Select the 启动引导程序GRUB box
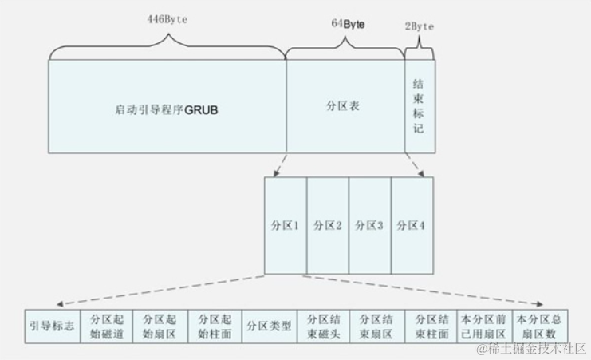(x=167, y=107)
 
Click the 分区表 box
(x=344, y=106)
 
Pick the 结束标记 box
(x=420, y=106)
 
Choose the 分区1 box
(x=285, y=226)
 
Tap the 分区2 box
(x=327, y=226)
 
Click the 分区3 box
(x=369, y=226)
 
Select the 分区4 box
(x=412, y=226)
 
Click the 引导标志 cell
(x=53, y=326)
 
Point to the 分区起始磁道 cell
(x=107, y=326)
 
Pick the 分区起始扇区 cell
(x=160, y=326)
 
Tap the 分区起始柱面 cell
(x=215, y=326)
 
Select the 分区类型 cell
(x=269, y=326)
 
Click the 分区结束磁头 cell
(x=323, y=326)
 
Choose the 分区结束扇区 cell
(x=377, y=326)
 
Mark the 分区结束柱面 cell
(x=431, y=326)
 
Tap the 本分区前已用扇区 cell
(x=484, y=326)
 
